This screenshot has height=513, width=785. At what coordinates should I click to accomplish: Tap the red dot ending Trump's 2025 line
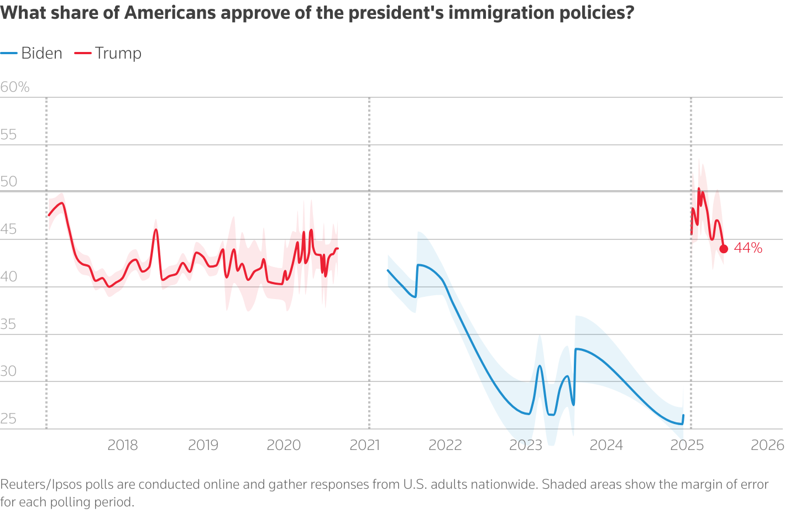pyautogui.click(x=724, y=249)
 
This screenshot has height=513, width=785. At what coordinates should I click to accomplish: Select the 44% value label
pyautogui.click(x=748, y=248)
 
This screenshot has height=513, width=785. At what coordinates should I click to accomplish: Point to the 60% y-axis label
pyautogui.click(x=15, y=87)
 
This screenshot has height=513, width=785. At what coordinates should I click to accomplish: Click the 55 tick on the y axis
pyautogui.click(x=8, y=134)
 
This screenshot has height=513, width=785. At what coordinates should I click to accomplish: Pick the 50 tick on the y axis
pyautogui.click(x=9, y=181)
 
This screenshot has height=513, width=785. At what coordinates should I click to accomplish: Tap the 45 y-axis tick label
pyautogui.click(x=8, y=229)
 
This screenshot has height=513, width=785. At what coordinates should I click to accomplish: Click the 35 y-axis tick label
pyautogui.click(x=8, y=324)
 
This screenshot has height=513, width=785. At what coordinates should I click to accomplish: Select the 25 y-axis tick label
pyautogui.click(x=8, y=418)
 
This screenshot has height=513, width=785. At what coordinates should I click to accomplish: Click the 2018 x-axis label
pyautogui.click(x=123, y=445)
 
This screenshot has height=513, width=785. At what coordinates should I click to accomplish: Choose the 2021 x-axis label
pyautogui.click(x=365, y=445)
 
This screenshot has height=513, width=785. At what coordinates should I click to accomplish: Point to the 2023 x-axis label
pyautogui.click(x=526, y=445)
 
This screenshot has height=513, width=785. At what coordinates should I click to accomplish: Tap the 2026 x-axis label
pyautogui.click(x=767, y=445)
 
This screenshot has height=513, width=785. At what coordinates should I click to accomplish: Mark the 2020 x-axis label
pyautogui.click(x=284, y=445)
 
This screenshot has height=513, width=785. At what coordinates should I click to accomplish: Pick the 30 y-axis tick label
pyautogui.click(x=8, y=371)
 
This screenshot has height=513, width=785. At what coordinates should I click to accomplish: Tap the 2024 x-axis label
pyautogui.click(x=606, y=445)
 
